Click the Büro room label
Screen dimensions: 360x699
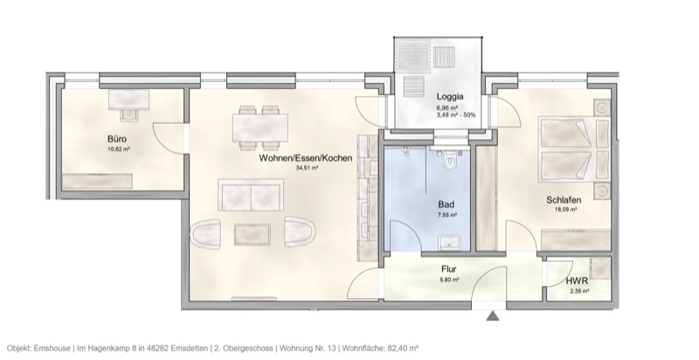coord(118,139)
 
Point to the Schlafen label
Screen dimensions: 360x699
coord(564,199)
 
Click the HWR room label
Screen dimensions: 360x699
coord(576,281)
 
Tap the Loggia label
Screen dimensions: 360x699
coord(449,98)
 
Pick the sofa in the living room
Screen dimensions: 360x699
coord(252,195)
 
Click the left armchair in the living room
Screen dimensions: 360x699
coord(206,233)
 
